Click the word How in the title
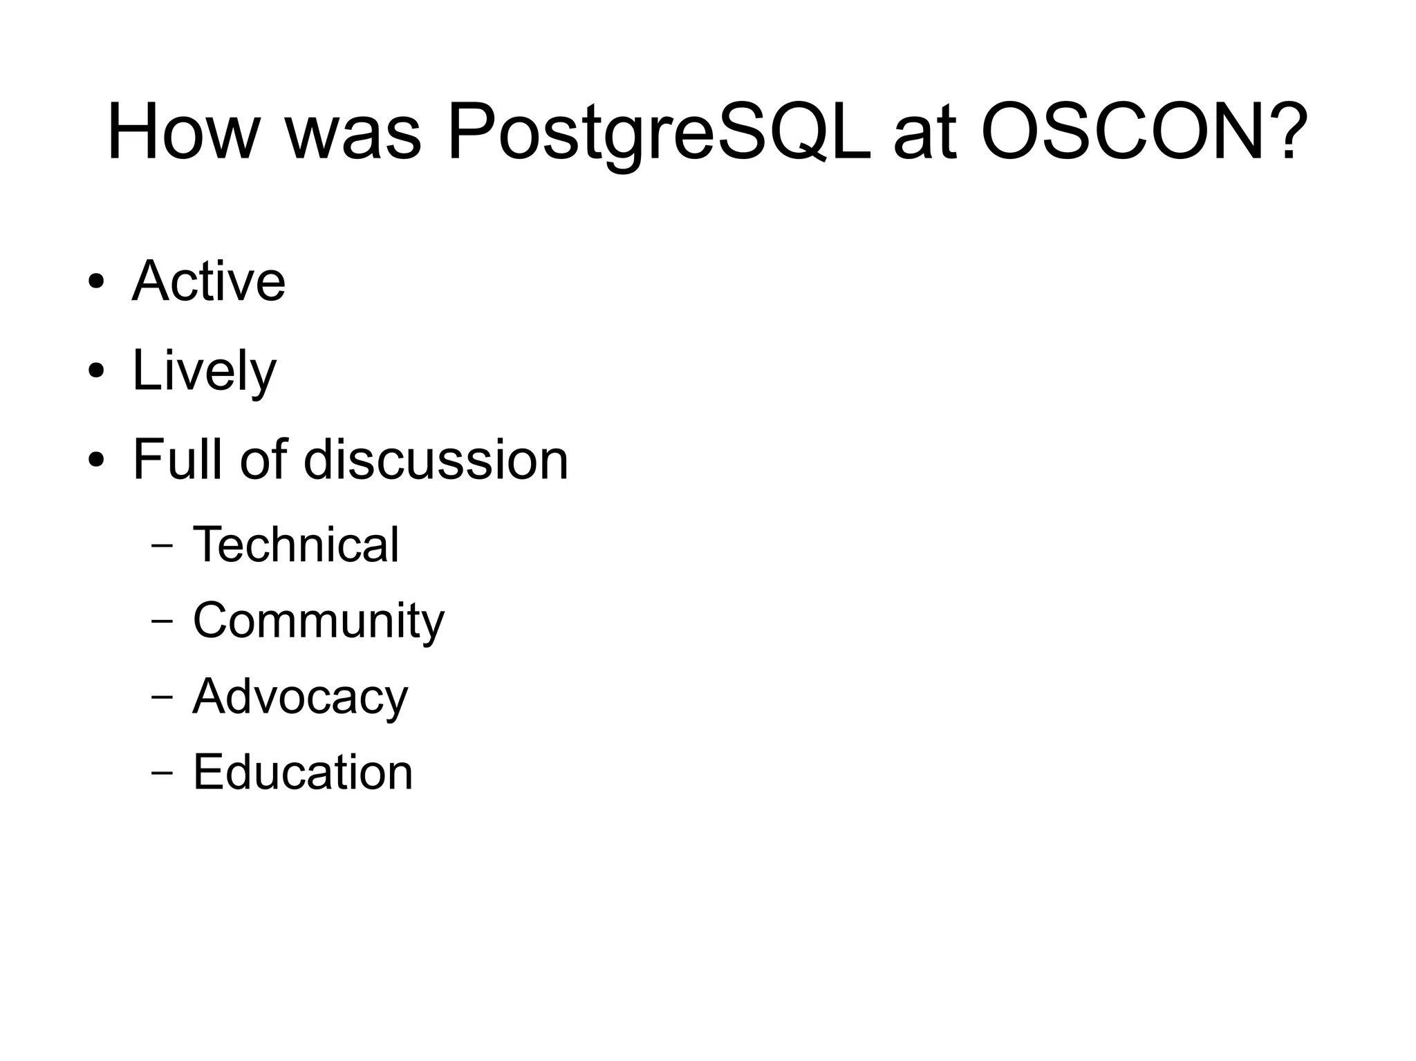click(x=182, y=131)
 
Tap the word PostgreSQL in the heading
click(x=659, y=133)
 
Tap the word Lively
click(x=204, y=370)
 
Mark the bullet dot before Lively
click(x=96, y=370)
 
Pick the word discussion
click(x=436, y=459)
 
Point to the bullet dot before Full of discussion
click(x=96, y=459)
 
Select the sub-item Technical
click(x=296, y=544)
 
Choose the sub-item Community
click(x=318, y=620)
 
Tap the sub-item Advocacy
click(x=300, y=696)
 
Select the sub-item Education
click(x=302, y=771)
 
